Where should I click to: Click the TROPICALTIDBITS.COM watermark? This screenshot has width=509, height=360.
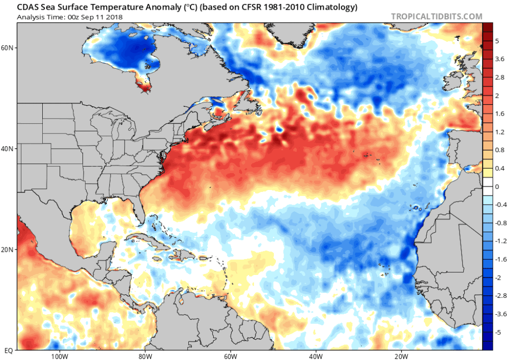click(436, 16)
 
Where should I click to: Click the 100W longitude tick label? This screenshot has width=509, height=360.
click(60, 355)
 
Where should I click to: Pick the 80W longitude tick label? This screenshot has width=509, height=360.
click(145, 355)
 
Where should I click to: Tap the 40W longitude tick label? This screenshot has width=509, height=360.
click(315, 355)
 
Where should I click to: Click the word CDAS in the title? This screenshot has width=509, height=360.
click(26, 8)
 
